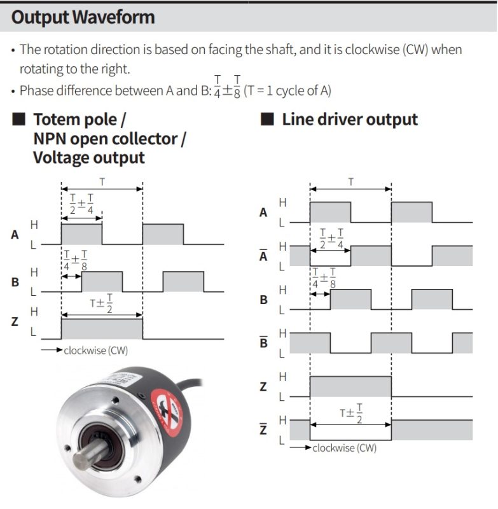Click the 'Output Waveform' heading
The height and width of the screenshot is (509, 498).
pos(83,17)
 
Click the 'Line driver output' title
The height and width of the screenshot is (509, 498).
pos(350,120)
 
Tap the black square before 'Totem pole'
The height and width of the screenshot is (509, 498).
pos(19,119)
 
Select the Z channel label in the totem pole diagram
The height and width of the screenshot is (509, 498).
pos(15,321)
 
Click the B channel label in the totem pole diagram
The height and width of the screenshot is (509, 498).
pos(15,282)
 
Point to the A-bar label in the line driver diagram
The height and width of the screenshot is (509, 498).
pos(263,255)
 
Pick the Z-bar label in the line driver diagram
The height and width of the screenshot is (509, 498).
pos(263,428)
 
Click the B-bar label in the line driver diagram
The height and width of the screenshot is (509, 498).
pos(264,342)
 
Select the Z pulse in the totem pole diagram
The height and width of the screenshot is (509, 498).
pos(102,329)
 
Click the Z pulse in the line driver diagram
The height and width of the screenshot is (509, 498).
pos(350,386)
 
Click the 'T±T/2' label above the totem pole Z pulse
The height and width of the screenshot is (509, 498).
pos(101,303)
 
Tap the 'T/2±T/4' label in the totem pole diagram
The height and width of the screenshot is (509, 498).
pos(81,204)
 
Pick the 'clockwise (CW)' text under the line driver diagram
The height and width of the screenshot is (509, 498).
pos(345,449)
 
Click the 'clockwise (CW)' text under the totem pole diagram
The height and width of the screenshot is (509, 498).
pos(95,351)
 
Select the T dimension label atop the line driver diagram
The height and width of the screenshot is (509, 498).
pos(350,182)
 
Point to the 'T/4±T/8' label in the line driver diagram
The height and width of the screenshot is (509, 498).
pos(324,278)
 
